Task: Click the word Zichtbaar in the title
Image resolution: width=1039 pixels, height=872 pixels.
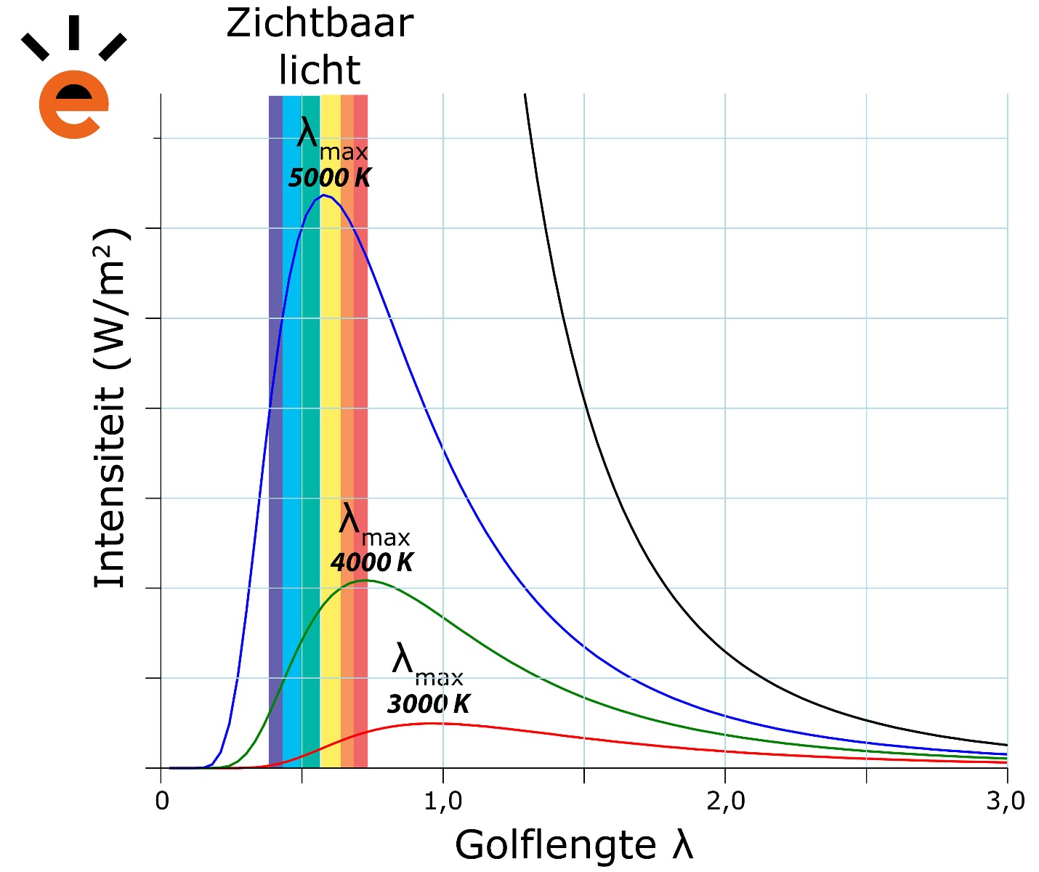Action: (x=320, y=24)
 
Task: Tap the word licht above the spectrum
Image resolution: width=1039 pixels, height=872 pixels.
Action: (x=320, y=70)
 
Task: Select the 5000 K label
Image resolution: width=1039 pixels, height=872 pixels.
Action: (x=330, y=178)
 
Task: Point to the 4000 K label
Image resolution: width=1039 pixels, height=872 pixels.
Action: (x=372, y=562)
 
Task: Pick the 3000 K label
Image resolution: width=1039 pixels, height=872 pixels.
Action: (x=429, y=704)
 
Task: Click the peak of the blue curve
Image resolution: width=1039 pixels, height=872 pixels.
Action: (x=322, y=195)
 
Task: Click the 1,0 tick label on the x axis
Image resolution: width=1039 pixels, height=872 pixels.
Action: (x=442, y=801)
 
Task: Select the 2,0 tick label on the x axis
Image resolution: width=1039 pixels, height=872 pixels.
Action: (x=725, y=801)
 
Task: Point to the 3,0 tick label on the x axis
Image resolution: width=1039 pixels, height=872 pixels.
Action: (x=1006, y=801)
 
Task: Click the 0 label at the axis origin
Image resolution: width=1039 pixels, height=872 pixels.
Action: (x=162, y=801)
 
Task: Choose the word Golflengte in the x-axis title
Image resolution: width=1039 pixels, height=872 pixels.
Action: (x=556, y=845)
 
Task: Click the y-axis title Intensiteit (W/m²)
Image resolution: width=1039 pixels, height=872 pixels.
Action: (x=111, y=407)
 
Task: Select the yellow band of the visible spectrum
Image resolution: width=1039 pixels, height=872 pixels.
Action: (x=331, y=436)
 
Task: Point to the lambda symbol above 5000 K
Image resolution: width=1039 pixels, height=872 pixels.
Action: (x=308, y=134)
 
